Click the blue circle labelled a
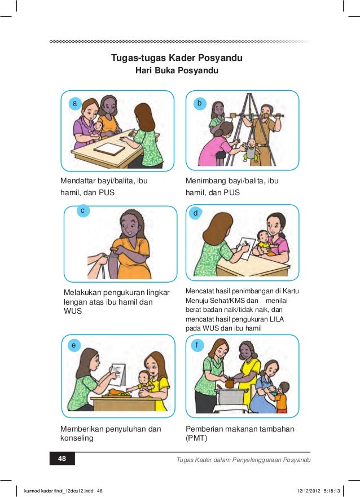point(75,103)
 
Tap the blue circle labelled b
point(200,103)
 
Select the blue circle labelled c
point(83,211)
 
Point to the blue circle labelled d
point(196,213)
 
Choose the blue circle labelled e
point(74,345)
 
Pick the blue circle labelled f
point(197,345)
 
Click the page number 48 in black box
point(62,458)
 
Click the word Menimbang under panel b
point(204,181)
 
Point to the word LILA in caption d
point(276,319)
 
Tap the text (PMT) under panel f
point(196,438)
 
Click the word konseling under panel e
point(77,438)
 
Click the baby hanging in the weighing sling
point(252,151)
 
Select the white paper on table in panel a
point(109,149)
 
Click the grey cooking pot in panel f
point(230,397)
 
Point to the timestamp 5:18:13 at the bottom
point(332,491)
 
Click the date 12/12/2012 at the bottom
point(308,491)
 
